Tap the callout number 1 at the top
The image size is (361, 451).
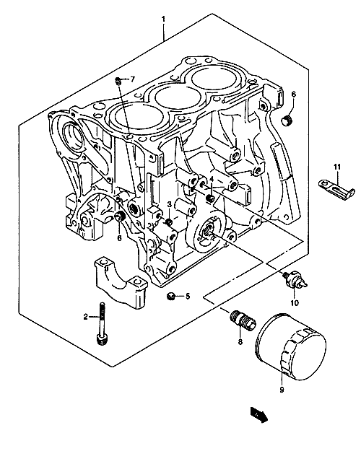pyautogui.click(x=163, y=19)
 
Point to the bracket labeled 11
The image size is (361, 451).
pyautogui.click(x=336, y=189)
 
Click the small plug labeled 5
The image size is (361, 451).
pyautogui.click(x=170, y=296)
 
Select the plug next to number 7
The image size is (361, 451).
pyautogui.click(x=118, y=81)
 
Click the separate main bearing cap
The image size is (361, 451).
pyautogui.click(x=121, y=283)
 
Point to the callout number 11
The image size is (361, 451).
pyautogui.click(x=337, y=167)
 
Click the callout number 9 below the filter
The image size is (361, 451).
pyautogui.click(x=282, y=390)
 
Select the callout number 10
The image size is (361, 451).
pyautogui.click(x=295, y=302)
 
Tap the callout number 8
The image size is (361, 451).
pyautogui.click(x=240, y=341)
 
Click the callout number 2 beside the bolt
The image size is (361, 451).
pyautogui.click(x=85, y=317)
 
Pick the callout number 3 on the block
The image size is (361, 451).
pyautogui.click(x=169, y=204)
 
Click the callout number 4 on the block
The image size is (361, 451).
pyautogui.click(x=212, y=179)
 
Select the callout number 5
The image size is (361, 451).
pyautogui.click(x=188, y=296)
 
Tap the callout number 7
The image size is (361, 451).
pyautogui.click(x=132, y=79)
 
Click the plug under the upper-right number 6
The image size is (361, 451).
pyautogui.click(x=287, y=121)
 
